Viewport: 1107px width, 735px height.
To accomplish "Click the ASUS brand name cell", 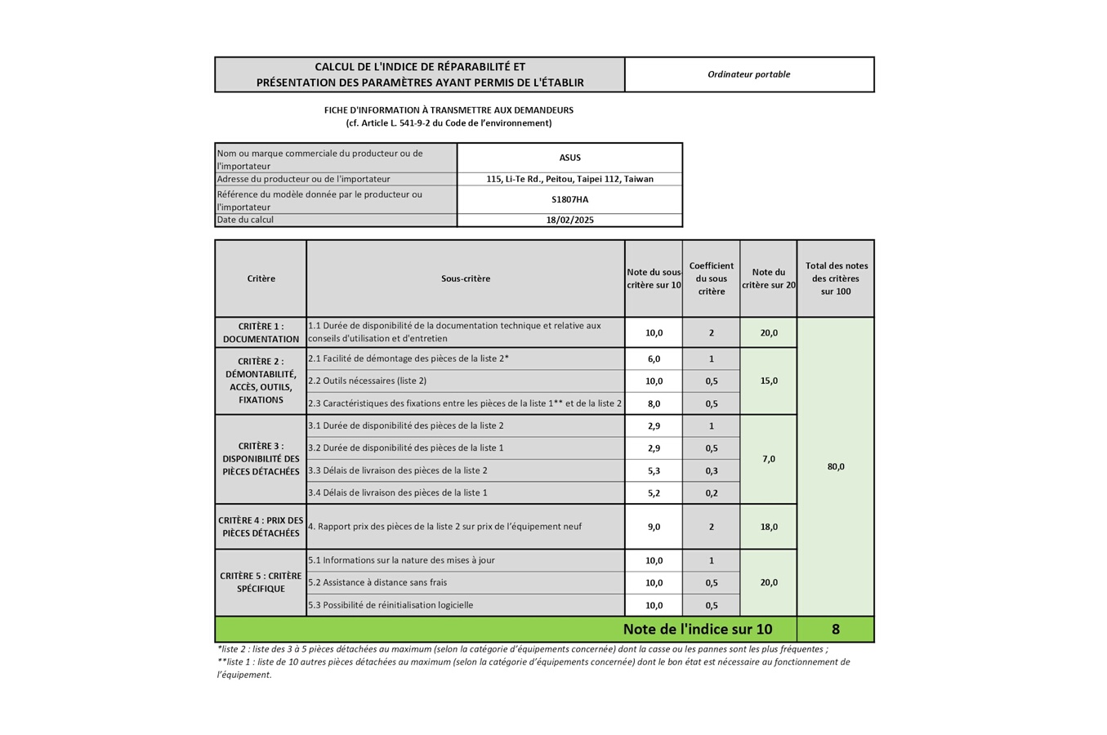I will [x=569, y=158].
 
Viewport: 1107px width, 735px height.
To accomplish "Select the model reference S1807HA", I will [x=569, y=199].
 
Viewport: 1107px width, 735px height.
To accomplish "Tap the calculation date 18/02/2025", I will [x=569, y=220].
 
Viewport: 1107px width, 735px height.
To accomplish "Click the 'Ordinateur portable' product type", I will [x=748, y=74].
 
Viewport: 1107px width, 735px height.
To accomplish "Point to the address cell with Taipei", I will [x=569, y=179].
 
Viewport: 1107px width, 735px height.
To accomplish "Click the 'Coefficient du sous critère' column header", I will [x=711, y=278].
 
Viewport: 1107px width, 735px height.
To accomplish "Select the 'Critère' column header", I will [x=261, y=278].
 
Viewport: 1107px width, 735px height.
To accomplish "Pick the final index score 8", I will [x=835, y=629].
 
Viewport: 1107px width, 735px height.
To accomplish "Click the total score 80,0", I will [x=835, y=466].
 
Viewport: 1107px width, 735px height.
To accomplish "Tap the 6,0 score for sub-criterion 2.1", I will [x=654, y=359].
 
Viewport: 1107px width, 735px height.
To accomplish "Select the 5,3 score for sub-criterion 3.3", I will [x=654, y=470].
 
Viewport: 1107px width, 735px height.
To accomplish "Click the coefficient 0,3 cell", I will [x=711, y=470].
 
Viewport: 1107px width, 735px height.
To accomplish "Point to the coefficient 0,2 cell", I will [x=711, y=492].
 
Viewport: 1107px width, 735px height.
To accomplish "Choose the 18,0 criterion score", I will [x=768, y=527].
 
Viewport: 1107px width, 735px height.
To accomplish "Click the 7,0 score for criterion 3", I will [x=768, y=459].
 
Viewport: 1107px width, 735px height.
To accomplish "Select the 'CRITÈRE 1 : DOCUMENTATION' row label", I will [x=261, y=332].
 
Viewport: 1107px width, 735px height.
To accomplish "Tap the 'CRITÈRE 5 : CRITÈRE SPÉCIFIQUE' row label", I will [x=261, y=582].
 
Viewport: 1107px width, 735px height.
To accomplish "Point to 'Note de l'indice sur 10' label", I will [x=697, y=629].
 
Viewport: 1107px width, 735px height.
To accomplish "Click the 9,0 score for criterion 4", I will [x=654, y=527].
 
